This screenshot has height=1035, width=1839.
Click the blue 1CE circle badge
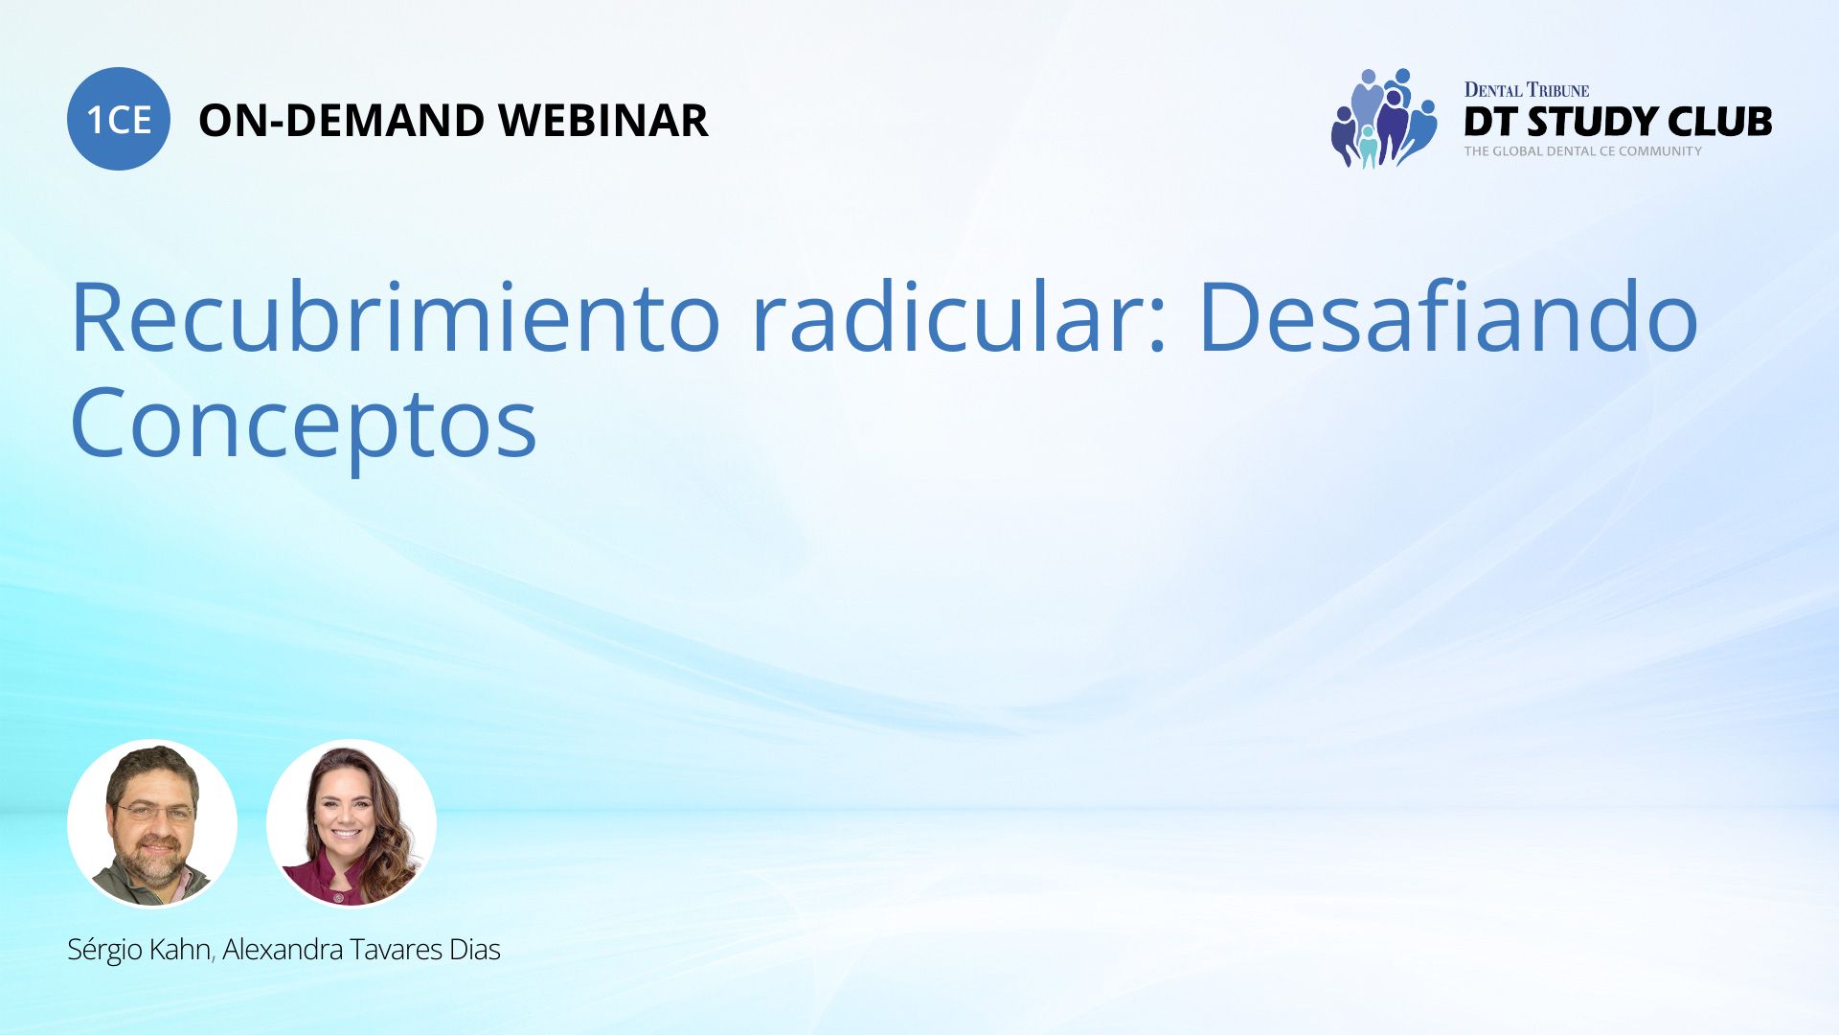coord(119,119)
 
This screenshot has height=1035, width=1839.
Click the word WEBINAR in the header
coord(602,121)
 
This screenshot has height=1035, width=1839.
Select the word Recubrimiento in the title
coord(396,316)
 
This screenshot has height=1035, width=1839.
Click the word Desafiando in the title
coord(1449,316)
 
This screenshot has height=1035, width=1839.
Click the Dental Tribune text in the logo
coord(1527,90)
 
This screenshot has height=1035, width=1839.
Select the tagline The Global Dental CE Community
coord(1583,151)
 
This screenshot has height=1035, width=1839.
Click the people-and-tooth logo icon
coord(1384,119)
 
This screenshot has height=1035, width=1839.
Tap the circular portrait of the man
coord(152,823)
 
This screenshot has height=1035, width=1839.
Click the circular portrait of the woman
coord(352,823)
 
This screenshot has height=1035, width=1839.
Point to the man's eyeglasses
coord(154,813)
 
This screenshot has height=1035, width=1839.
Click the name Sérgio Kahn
coord(139,950)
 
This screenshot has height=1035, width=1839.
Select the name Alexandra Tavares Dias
coord(361,950)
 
